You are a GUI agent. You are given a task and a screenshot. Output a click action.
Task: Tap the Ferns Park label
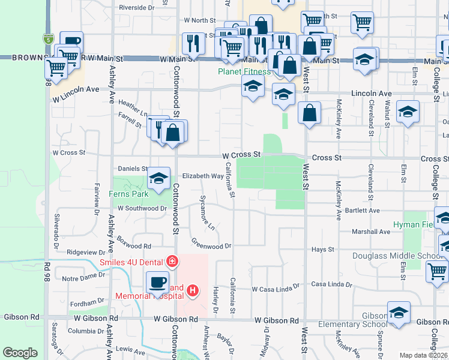pyautogui.click(x=128, y=194)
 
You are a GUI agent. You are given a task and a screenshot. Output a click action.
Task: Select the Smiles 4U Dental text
pyautogui.click(x=132, y=261)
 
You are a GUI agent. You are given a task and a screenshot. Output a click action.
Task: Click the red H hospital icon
pyautogui.click(x=193, y=291)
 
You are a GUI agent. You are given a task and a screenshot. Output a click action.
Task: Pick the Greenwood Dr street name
pyautogui.click(x=211, y=245)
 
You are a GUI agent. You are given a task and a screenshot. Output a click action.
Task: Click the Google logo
pyautogui.click(x=20, y=353)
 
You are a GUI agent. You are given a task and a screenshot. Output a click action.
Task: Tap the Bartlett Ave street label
pyautogui.click(x=362, y=211)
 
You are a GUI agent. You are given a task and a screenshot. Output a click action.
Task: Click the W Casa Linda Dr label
pyautogui.click(x=275, y=289)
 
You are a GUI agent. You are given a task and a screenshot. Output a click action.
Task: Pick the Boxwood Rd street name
pyautogui.click(x=134, y=246)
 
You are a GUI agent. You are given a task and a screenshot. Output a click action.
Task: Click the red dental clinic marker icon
pyautogui.click(x=172, y=261)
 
